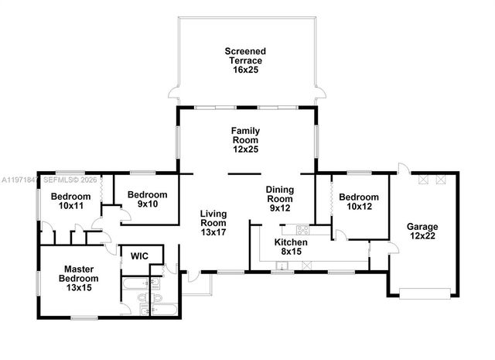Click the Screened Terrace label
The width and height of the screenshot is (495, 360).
(244, 60)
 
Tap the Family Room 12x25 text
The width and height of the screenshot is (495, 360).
(244, 140)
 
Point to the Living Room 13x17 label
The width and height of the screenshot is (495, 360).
(213, 223)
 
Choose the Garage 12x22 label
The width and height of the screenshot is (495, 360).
(422, 232)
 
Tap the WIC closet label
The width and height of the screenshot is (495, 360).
(139, 255)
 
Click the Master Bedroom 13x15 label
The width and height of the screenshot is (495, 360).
(81, 278)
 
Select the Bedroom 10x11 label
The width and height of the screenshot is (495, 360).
(71, 201)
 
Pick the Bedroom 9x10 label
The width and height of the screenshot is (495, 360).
(147, 200)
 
